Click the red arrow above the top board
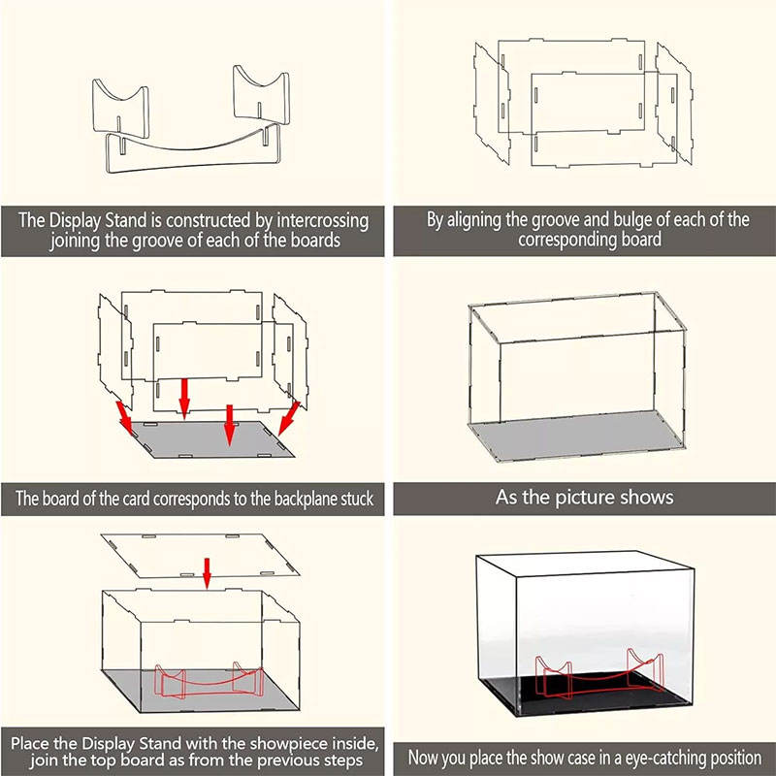click(x=207, y=573)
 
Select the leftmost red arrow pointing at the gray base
click(x=125, y=418)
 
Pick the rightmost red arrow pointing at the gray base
click(x=289, y=418)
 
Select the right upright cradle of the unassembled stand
click(x=261, y=95)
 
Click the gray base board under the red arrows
click(x=212, y=440)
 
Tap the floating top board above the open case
click(x=200, y=556)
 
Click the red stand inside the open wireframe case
click(x=209, y=681)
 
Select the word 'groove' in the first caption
click(x=154, y=241)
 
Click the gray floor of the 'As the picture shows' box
click(x=576, y=436)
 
